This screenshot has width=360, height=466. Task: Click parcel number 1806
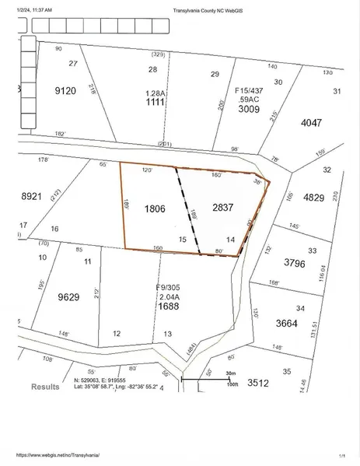coord(156,209)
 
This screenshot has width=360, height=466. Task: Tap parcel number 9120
coord(66,91)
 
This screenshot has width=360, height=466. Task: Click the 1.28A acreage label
coord(156,93)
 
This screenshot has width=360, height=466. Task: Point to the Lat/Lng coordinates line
coord(116,387)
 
